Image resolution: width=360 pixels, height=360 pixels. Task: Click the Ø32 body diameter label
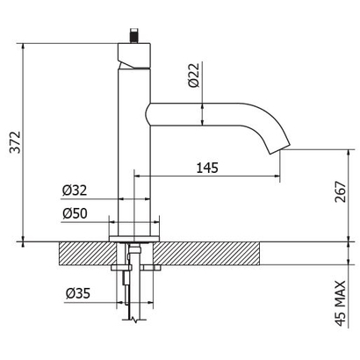74,190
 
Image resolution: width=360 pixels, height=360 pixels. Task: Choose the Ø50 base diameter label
74,212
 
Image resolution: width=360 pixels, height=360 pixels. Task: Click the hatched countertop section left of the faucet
83,253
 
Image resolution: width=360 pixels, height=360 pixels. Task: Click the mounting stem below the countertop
131,290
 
